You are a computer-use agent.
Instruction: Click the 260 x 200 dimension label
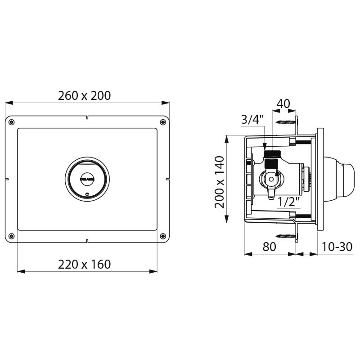84,95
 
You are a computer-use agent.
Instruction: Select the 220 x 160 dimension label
84,264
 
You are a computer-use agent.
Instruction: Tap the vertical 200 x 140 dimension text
219,182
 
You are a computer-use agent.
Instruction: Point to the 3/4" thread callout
252,120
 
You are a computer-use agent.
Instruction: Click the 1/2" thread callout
288,202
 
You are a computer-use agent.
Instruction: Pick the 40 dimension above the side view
283,103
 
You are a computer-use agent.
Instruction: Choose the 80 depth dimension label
269,247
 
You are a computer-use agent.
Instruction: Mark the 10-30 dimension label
337,247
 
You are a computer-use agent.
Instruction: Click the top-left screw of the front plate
12,122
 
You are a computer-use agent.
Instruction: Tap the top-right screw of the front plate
162,122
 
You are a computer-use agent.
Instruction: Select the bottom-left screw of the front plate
12,236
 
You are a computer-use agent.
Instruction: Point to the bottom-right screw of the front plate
162,236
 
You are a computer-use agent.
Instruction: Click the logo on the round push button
87,179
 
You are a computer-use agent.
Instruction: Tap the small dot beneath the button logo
87,194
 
